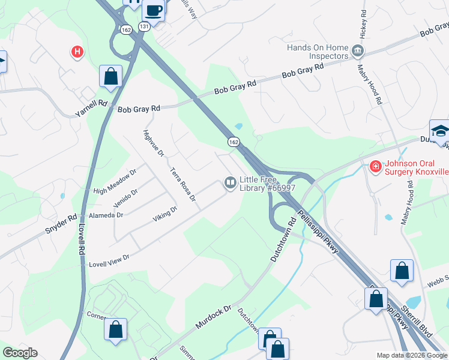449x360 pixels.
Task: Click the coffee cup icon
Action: point(153,11)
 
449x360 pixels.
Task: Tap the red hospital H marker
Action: point(77,52)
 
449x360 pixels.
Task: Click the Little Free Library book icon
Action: point(230,182)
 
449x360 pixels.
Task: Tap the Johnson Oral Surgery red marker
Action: point(375,166)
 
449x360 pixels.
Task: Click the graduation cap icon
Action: point(440,131)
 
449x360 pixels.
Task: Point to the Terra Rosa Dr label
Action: point(184,184)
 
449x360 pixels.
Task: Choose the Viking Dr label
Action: point(165,214)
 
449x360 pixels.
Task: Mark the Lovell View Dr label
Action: point(109,260)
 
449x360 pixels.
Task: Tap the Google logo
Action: point(20,353)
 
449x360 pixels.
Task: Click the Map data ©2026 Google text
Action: point(412,355)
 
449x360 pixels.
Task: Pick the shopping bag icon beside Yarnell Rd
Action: point(110,76)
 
